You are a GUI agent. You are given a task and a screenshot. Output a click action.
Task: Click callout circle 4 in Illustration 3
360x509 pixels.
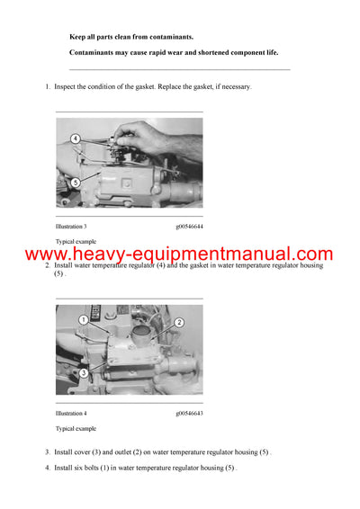coord(76,139)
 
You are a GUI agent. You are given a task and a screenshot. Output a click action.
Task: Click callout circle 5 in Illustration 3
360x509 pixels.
coord(76,182)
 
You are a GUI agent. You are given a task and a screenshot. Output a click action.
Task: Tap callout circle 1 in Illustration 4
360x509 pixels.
coord(82,319)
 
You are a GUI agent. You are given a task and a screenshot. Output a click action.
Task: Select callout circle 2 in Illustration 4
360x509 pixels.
coord(179,322)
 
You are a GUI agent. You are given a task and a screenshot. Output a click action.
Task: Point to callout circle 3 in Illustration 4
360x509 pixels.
coord(83,372)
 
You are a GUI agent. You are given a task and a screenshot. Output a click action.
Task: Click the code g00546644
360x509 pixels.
coord(189,227)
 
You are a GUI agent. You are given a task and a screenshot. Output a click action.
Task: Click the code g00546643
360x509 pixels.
coord(189,413)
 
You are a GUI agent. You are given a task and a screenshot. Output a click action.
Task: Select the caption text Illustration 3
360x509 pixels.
coord(71,227)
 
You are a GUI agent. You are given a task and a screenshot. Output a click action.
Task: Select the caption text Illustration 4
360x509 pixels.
coord(71,413)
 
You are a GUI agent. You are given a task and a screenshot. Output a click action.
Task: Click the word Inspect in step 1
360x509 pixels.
coord(67,87)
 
